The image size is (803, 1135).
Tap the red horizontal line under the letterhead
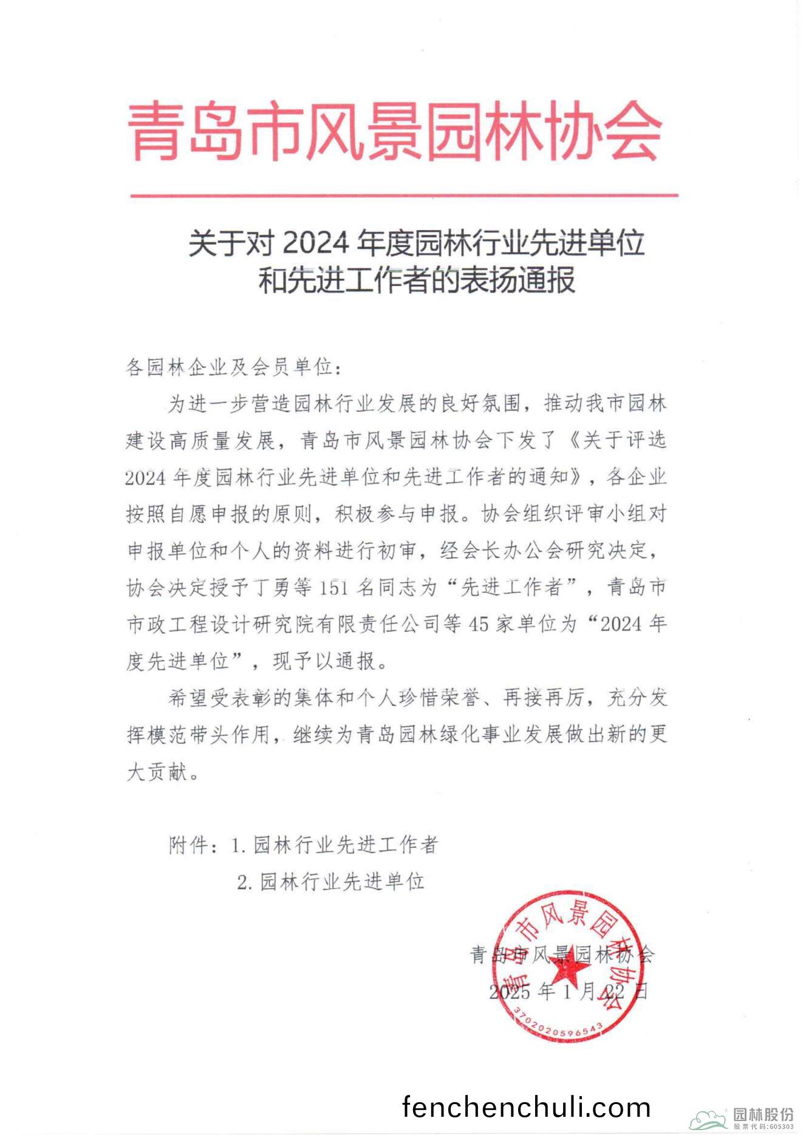(x=404, y=196)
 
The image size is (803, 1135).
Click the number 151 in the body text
(x=333, y=587)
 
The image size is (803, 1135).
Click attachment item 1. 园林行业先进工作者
(x=335, y=845)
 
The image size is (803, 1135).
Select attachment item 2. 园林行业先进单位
(x=330, y=881)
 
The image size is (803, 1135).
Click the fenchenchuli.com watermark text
(x=526, y=1107)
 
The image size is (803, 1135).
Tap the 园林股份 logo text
(x=763, y=1114)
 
